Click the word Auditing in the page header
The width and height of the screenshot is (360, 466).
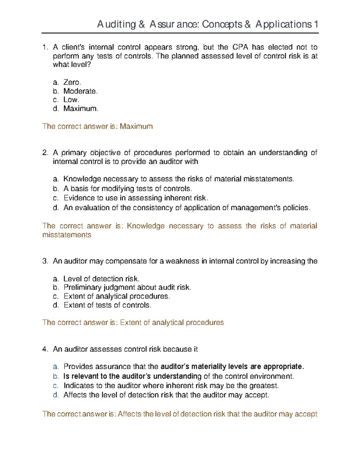tap(116, 24)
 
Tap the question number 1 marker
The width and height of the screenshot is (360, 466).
tap(45, 47)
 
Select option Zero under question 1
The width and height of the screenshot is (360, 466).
tap(72, 82)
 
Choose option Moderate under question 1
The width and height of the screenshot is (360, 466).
tap(80, 91)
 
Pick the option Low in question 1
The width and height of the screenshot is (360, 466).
tap(71, 100)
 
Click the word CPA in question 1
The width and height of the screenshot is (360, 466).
tap(240, 47)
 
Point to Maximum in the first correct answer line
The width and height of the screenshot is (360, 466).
tap(136, 126)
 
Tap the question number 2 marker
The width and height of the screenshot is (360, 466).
tap(45, 153)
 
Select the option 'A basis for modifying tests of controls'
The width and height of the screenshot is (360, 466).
tap(127, 189)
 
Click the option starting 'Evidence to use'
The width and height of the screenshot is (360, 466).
tap(136, 198)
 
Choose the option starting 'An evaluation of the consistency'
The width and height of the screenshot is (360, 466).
tap(187, 208)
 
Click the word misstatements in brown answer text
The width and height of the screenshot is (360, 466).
tap(67, 235)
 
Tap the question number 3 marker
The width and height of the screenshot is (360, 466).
tap(45, 261)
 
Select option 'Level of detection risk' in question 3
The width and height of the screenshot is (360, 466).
tap(101, 279)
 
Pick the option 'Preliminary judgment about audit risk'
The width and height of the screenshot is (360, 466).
tap(127, 287)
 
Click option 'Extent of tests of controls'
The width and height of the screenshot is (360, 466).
tap(107, 305)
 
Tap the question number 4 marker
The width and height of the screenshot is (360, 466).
tap(45, 349)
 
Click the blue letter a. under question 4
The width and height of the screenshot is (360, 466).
tap(55, 367)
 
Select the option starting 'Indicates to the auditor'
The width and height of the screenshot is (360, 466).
tap(171, 386)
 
